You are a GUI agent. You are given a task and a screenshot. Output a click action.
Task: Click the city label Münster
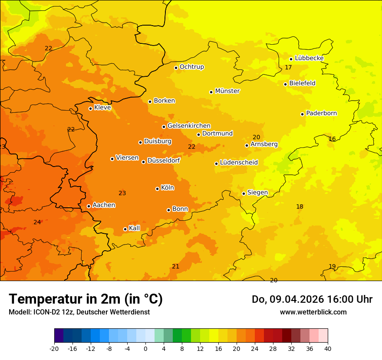[x=227, y=91]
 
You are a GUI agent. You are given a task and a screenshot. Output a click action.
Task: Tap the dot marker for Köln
[x=157, y=189]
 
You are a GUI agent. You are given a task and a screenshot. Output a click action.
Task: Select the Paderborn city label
[x=321, y=113]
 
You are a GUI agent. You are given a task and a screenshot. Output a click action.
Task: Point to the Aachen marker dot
[x=89, y=206]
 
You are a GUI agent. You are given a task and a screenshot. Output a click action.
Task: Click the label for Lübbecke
[x=309, y=58]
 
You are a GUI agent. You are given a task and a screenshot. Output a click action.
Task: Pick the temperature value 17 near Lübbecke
[x=288, y=67]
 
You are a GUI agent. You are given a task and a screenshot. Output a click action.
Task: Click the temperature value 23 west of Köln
[x=122, y=193]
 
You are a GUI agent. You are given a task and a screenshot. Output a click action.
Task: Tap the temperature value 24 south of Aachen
[x=37, y=222]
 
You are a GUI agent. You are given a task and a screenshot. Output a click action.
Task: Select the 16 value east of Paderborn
[x=332, y=139]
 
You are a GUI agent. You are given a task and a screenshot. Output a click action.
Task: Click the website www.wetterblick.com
[x=313, y=312]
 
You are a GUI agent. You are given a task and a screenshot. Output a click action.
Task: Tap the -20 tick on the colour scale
[x=54, y=348]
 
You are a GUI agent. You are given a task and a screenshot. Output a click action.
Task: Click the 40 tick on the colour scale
[x=328, y=348]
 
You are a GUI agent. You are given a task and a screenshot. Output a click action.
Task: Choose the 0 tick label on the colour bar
[x=145, y=348]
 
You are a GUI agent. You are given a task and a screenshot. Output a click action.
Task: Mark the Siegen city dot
[x=244, y=193]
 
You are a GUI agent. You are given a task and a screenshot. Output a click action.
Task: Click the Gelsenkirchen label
[x=189, y=126]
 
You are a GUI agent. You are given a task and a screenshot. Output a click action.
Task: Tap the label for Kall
[x=134, y=228]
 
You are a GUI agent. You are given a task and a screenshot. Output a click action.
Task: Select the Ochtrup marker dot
[x=176, y=67]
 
